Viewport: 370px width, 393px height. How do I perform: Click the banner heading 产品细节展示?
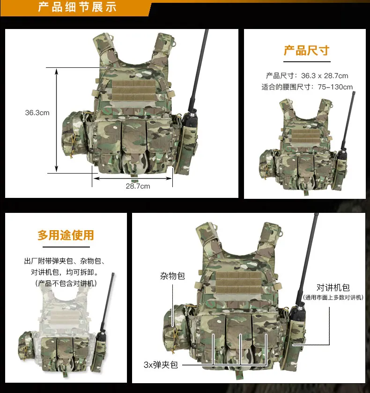coord(77,7)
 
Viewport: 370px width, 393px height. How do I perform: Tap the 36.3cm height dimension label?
coord(37,113)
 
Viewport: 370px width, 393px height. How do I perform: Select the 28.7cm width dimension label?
coord(138,186)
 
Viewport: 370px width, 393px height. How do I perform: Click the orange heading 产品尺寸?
coord(306,51)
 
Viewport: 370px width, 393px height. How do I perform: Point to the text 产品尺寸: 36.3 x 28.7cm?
coord(307,75)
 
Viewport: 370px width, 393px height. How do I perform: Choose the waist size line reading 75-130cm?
coord(307,87)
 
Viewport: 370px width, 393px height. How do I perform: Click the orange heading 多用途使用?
coord(66,235)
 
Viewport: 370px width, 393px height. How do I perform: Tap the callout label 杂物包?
coord(172,276)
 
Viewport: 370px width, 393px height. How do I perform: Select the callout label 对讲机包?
coord(333,287)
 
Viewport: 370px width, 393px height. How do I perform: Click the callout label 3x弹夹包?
coord(161,364)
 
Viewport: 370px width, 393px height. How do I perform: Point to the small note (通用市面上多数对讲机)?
coord(333,298)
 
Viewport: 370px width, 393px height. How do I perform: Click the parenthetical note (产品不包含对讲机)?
coord(66,283)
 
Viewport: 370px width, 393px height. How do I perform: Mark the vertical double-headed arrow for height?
coord(57,120)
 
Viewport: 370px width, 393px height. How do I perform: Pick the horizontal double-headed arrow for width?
coord(133,178)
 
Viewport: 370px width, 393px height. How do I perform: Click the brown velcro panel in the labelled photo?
coord(238,283)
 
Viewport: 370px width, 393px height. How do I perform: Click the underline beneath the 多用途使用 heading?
coord(66,247)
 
